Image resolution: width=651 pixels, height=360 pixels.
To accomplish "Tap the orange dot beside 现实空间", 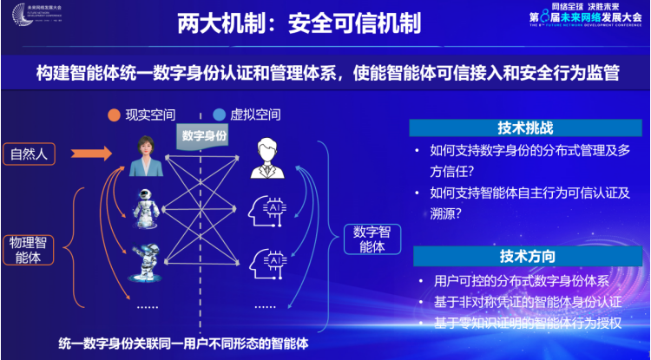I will [113, 115].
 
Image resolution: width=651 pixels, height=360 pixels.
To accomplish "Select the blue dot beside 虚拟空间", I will [219, 115].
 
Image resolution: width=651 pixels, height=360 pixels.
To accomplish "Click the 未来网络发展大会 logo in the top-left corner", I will [35, 15].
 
